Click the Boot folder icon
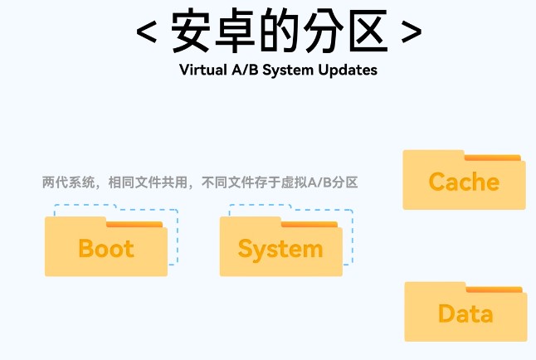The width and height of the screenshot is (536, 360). click(x=105, y=248)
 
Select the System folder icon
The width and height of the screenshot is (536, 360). click(x=280, y=248)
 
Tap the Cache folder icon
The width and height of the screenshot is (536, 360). click(x=464, y=182)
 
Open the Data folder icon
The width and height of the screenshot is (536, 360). click(x=465, y=314)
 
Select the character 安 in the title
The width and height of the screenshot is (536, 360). click(x=197, y=32)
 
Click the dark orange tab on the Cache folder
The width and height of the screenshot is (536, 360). click(x=493, y=157)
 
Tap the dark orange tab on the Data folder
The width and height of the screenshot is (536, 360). click(x=495, y=289)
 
